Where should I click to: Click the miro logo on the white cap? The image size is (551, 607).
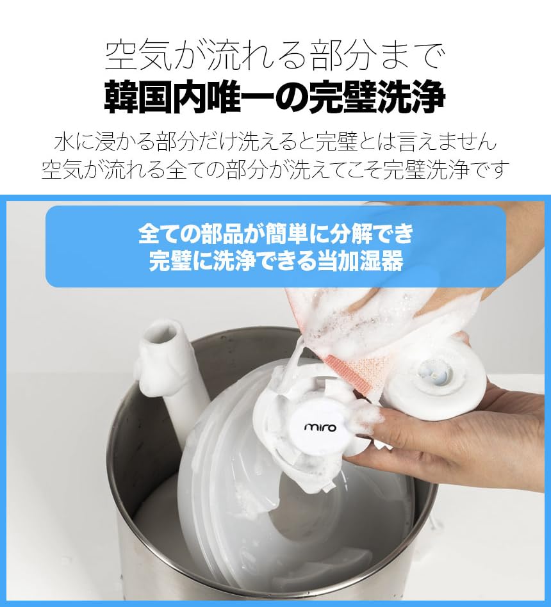coord(319,426)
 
